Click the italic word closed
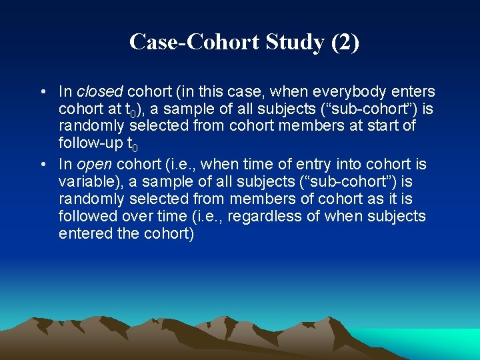[x=97, y=91]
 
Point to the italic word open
[x=94, y=164]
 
